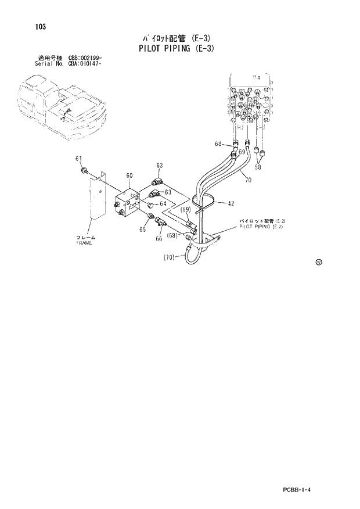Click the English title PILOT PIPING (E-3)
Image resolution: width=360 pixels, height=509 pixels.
coord(177,48)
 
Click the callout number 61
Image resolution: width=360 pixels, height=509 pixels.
coord(78,159)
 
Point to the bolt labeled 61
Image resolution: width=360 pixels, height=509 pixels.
coord(85,170)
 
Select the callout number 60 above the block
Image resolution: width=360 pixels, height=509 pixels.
coord(129,175)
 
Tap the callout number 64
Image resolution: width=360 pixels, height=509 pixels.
coord(163,203)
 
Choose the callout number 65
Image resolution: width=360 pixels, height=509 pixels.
coord(142,230)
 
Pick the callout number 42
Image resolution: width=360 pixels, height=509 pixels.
coord(231,203)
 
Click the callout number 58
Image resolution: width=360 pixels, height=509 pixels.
coord(258,167)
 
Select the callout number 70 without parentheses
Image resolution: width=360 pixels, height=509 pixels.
coord(248,180)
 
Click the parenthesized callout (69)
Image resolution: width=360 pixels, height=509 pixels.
coord(185,209)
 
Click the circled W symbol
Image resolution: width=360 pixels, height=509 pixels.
coord(319,262)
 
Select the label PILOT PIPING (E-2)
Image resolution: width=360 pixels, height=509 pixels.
coord(261,227)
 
